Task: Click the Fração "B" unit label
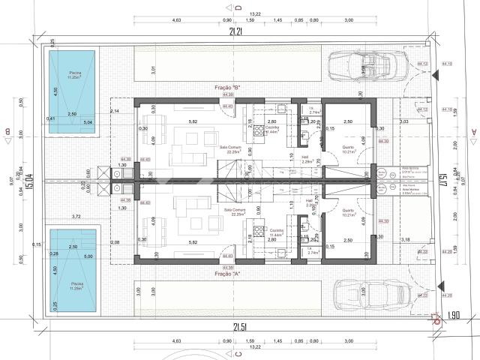pyautogui.click(x=226, y=88)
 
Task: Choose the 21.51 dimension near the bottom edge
pyautogui.click(x=240, y=327)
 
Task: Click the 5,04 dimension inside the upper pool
pyautogui.click(x=88, y=121)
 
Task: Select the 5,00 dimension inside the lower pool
pyautogui.click(x=89, y=256)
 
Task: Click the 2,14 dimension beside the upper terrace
pyautogui.click(x=115, y=111)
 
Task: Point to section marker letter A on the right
pyautogui.click(x=474, y=133)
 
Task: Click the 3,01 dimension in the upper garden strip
pyautogui.click(x=152, y=70)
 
